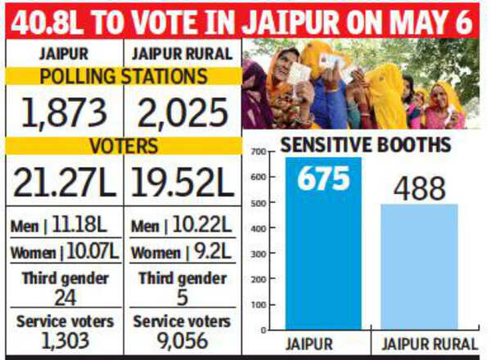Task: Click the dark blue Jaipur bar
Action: (x=323, y=243)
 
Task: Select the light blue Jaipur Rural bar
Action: (x=419, y=267)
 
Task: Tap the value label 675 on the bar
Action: (x=323, y=178)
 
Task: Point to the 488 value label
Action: (x=419, y=189)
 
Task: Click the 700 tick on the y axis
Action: (x=258, y=152)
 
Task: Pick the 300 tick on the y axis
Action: (x=258, y=254)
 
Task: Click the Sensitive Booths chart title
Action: (x=366, y=145)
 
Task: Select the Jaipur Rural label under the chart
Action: (x=430, y=344)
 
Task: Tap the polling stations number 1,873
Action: (x=65, y=113)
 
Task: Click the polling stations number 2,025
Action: (x=182, y=113)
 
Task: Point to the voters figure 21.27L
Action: (x=65, y=182)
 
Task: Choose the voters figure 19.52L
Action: (x=182, y=182)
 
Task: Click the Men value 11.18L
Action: (x=79, y=224)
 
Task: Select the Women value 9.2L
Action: (x=212, y=251)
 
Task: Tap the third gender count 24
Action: (x=65, y=298)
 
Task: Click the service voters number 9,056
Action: (x=182, y=341)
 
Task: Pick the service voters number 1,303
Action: (x=65, y=341)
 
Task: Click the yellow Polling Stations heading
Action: (x=124, y=76)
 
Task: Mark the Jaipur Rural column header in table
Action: (x=182, y=53)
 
